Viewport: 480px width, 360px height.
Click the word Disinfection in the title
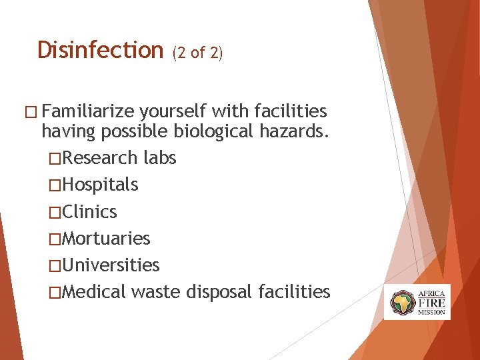[x=100, y=50]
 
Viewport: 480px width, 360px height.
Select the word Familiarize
[x=91, y=111]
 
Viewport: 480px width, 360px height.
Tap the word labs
[x=160, y=158]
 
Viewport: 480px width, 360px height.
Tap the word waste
[x=157, y=292]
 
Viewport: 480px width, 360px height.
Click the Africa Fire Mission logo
[x=417, y=302]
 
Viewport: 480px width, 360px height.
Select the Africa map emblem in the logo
[x=402, y=303]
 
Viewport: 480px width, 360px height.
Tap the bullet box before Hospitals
[x=55, y=185]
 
